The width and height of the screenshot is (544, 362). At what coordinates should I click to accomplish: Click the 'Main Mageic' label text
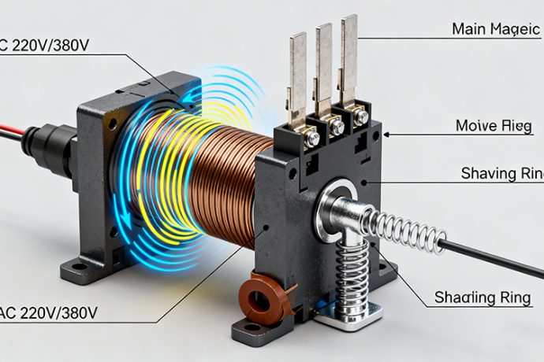click(495, 29)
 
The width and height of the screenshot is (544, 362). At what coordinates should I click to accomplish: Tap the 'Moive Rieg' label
click(494, 126)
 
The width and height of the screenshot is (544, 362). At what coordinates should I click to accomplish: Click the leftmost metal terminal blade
click(297, 75)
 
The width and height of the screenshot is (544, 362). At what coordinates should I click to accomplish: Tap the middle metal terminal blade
click(323, 63)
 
